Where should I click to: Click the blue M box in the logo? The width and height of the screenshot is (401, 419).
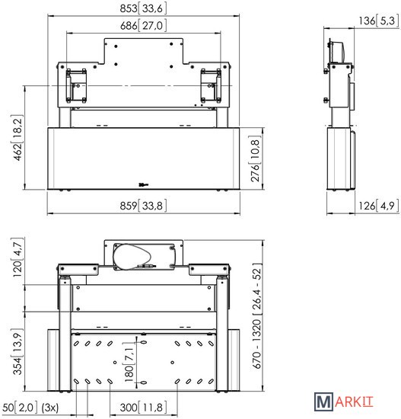pyautogui.click(x=323, y=401)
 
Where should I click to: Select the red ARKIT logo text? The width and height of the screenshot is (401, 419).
pyautogui.click(x=354, y=402)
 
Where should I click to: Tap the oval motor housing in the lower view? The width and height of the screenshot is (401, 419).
pyautogui.click(x=132, y=257)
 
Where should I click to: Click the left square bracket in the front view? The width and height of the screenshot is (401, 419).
pyautogui.click(x=76, y=86)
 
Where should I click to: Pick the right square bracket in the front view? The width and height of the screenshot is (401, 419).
pyautogui.click(x=211, y=86)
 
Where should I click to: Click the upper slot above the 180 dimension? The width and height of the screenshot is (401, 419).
pyautogui.click(x=143, y=342)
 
